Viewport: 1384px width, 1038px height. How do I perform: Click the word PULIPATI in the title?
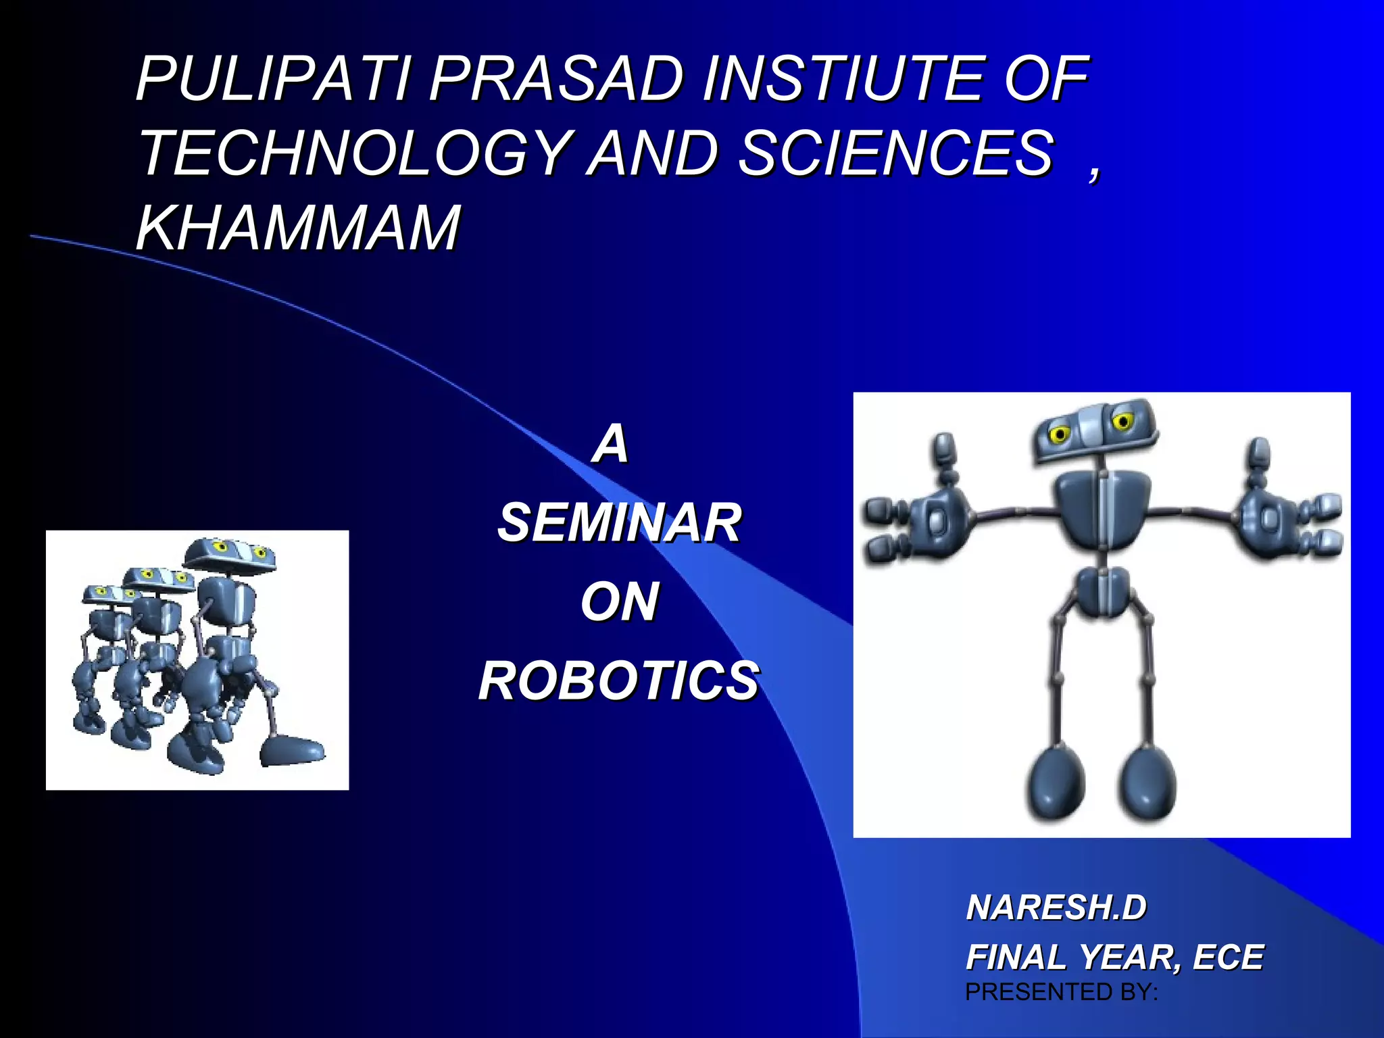tap(274, 79)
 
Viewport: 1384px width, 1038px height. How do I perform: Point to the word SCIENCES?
tap(895, 153)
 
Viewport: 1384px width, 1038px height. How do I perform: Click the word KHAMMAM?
tap(298, 228)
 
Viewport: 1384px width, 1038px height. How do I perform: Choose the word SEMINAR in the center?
tap(619, 522)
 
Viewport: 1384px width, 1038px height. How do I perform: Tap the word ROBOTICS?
tap(619, 681)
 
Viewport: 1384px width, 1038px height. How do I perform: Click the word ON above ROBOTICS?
tap(619, 601)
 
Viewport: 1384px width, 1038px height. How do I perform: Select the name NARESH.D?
tap(1056, 908)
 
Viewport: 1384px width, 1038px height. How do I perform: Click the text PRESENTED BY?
tap(1062, 992)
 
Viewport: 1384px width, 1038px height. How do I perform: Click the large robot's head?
tap(1093, 431)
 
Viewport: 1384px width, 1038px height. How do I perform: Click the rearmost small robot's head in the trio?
tap(108, 593)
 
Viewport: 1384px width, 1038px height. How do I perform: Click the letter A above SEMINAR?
tap(610, 444)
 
